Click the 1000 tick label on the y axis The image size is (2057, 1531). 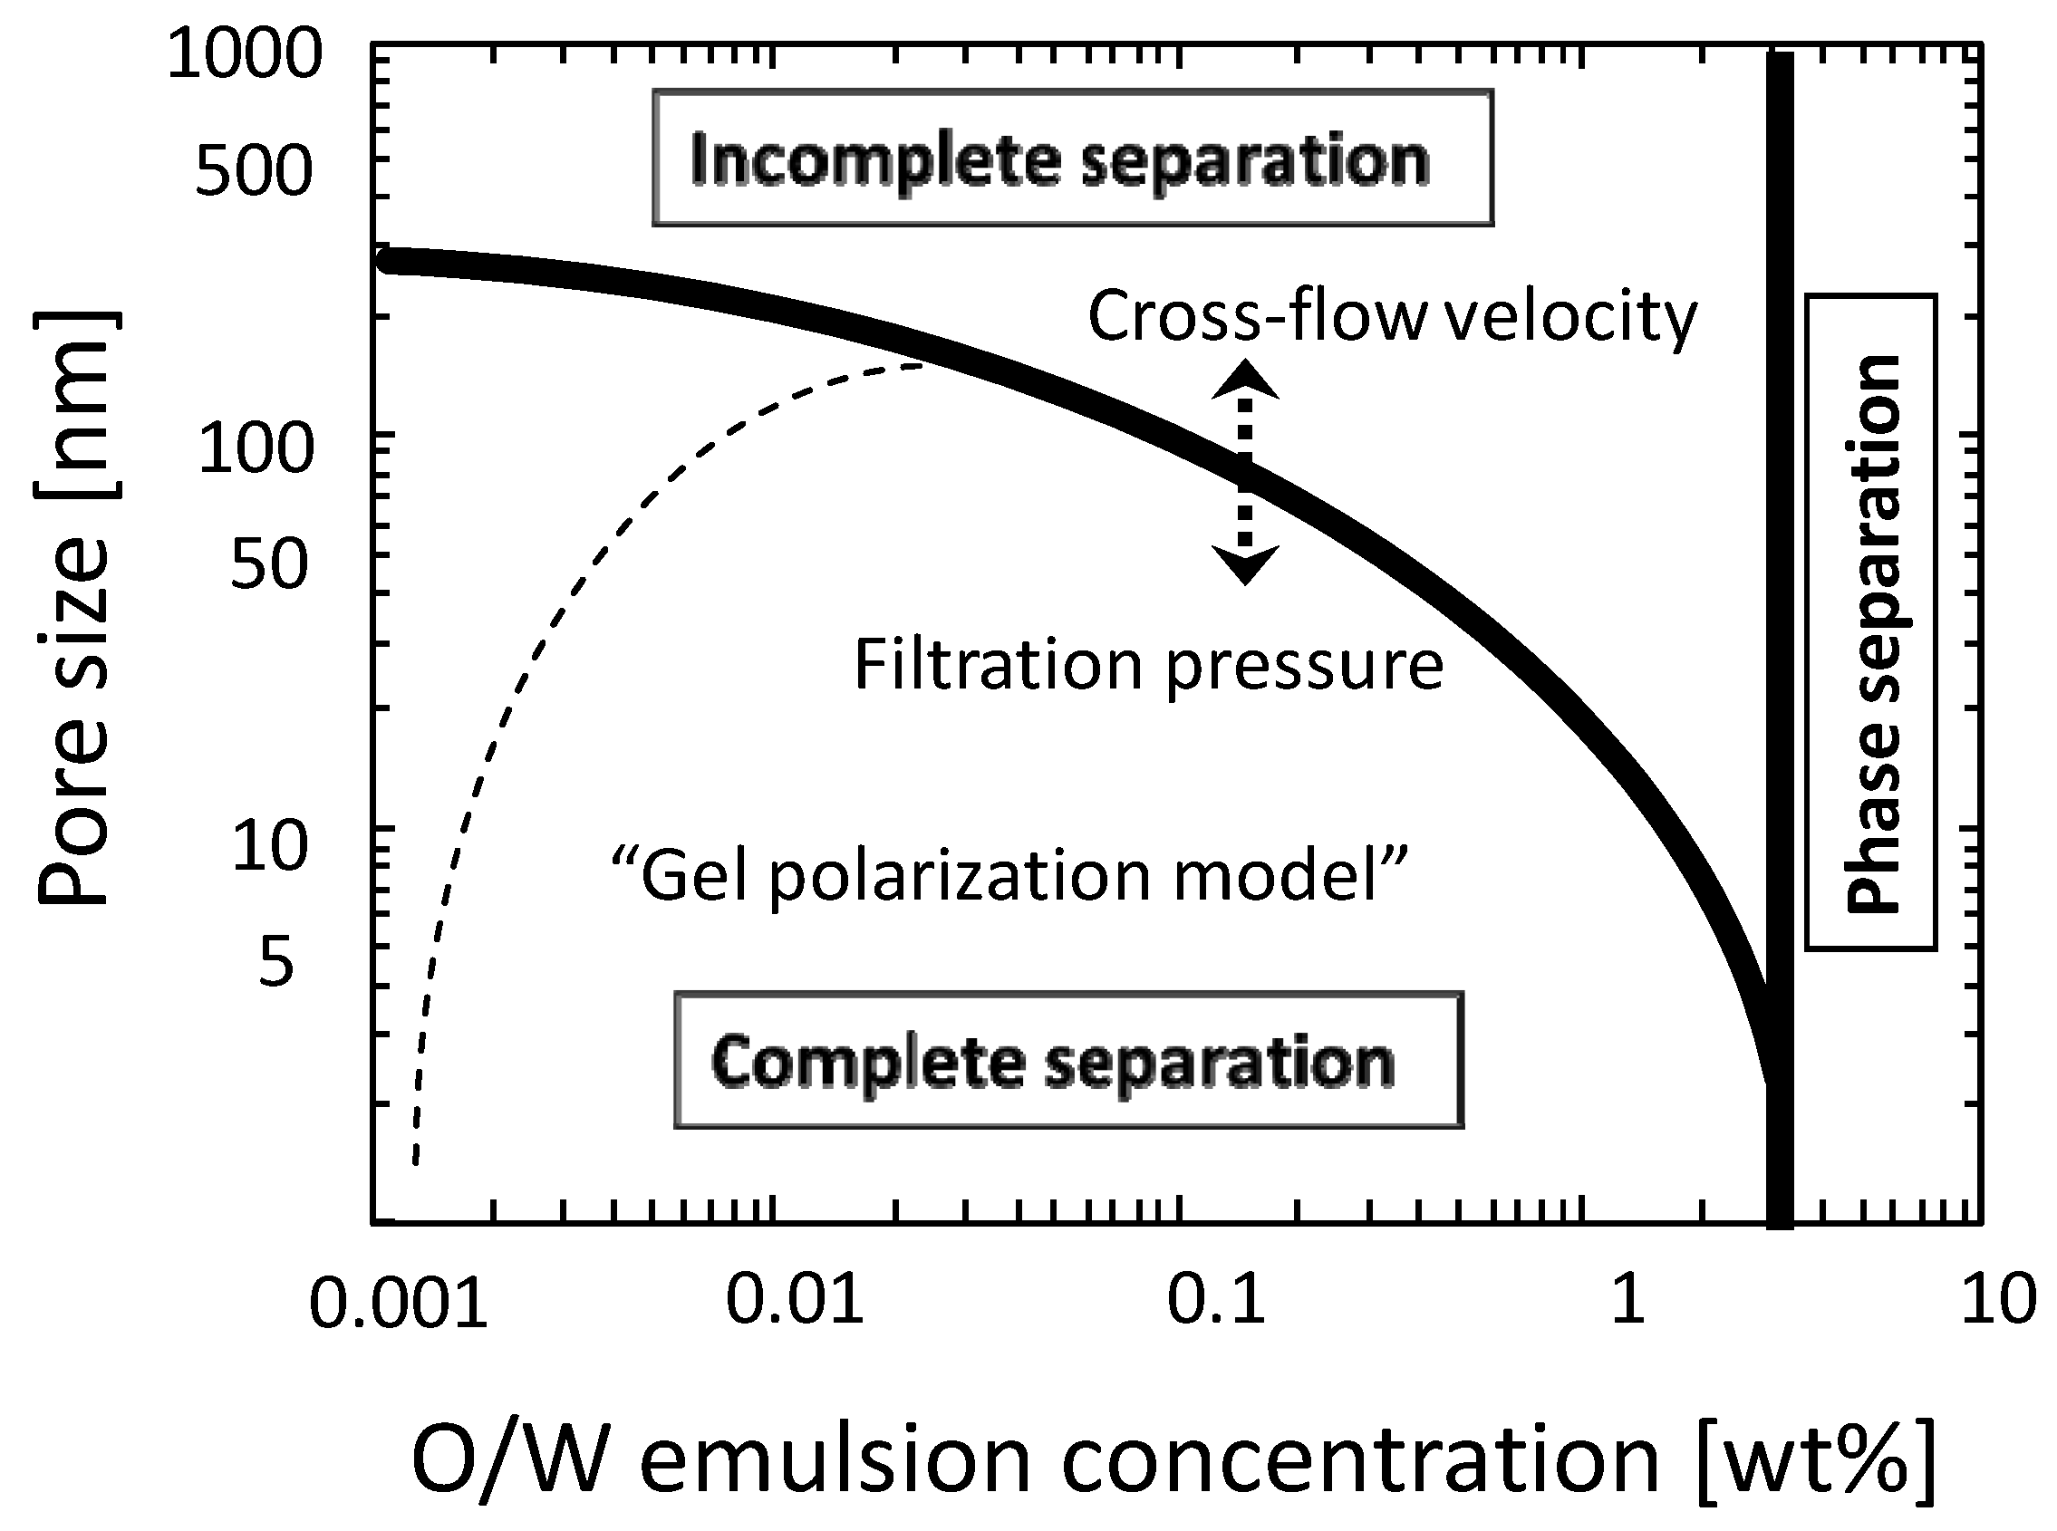pos(244,54)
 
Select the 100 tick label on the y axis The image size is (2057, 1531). pos(256,449)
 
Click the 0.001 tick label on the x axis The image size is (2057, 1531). pos(398,1302)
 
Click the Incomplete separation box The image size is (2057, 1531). pos(1073,159)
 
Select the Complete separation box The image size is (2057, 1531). pos(1067,1061)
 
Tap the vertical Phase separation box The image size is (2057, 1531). pos(1870,622)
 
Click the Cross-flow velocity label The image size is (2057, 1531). pos(1391,316)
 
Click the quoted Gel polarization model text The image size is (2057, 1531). pos(1009,875)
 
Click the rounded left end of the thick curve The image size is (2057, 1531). pos(391,260)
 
